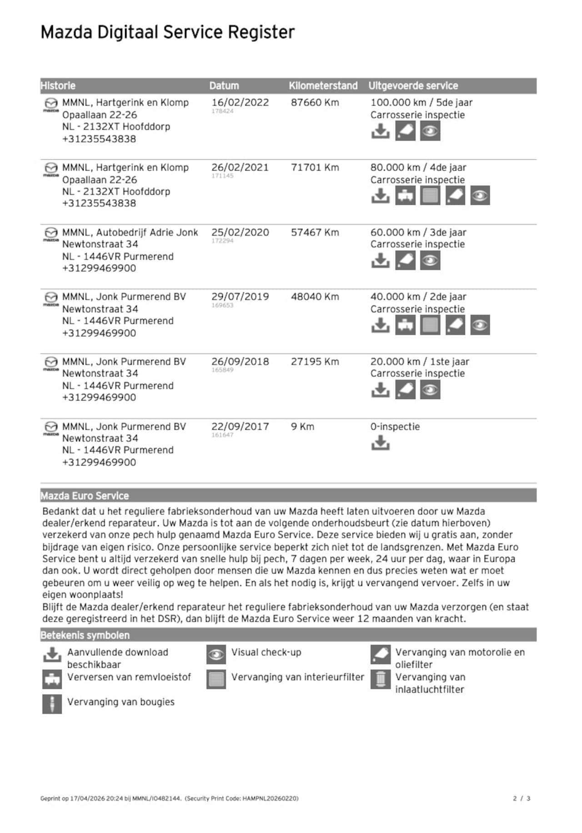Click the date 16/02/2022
[240, 102]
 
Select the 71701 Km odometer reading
[315, 168]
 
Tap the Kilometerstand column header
[323, 86]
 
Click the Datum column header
[224, 86]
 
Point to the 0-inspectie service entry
[395, 427]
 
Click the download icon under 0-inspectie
[380, 442]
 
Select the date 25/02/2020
[240, 232]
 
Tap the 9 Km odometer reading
[302, 427]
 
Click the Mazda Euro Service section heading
[85, 496]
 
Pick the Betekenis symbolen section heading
[85, 635]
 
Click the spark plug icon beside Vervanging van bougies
[52, 704]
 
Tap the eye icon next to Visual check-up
[216, 655]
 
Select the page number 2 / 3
[522, 798]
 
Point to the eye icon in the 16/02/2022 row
[430, 132]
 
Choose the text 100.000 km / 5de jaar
[421, 102]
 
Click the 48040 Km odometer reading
[315, 297]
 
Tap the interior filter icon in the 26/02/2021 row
[430, 196]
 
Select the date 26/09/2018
[240, 362]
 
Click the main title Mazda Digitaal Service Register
[167, 32]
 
